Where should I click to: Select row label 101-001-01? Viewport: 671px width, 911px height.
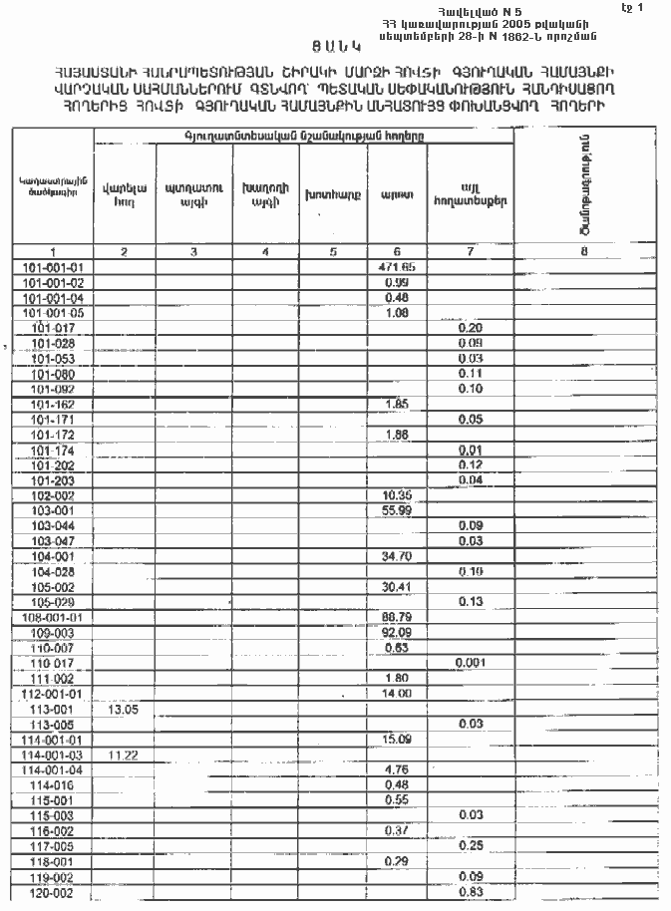coord(53,268)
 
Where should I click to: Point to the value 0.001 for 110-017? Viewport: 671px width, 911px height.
coord(470,663)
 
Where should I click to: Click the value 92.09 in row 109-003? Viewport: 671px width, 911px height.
coord(397,632)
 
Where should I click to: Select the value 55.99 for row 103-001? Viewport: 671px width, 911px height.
coord(397,510)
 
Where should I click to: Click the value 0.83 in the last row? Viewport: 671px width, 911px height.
coord(470,892)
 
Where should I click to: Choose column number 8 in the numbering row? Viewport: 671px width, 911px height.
coord(583,252)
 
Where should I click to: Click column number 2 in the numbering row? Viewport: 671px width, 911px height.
coord(124,252)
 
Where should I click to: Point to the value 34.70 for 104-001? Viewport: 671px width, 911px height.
coord(397,555)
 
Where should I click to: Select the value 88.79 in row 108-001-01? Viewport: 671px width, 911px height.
coord(397,617)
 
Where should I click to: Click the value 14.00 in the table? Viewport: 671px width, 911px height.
coord(397,694)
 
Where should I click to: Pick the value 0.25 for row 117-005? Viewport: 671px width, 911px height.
coord(470,845)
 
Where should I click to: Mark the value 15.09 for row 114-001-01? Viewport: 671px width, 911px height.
coord(397,740)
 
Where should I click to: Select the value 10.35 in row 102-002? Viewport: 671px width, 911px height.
coord(397,495)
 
